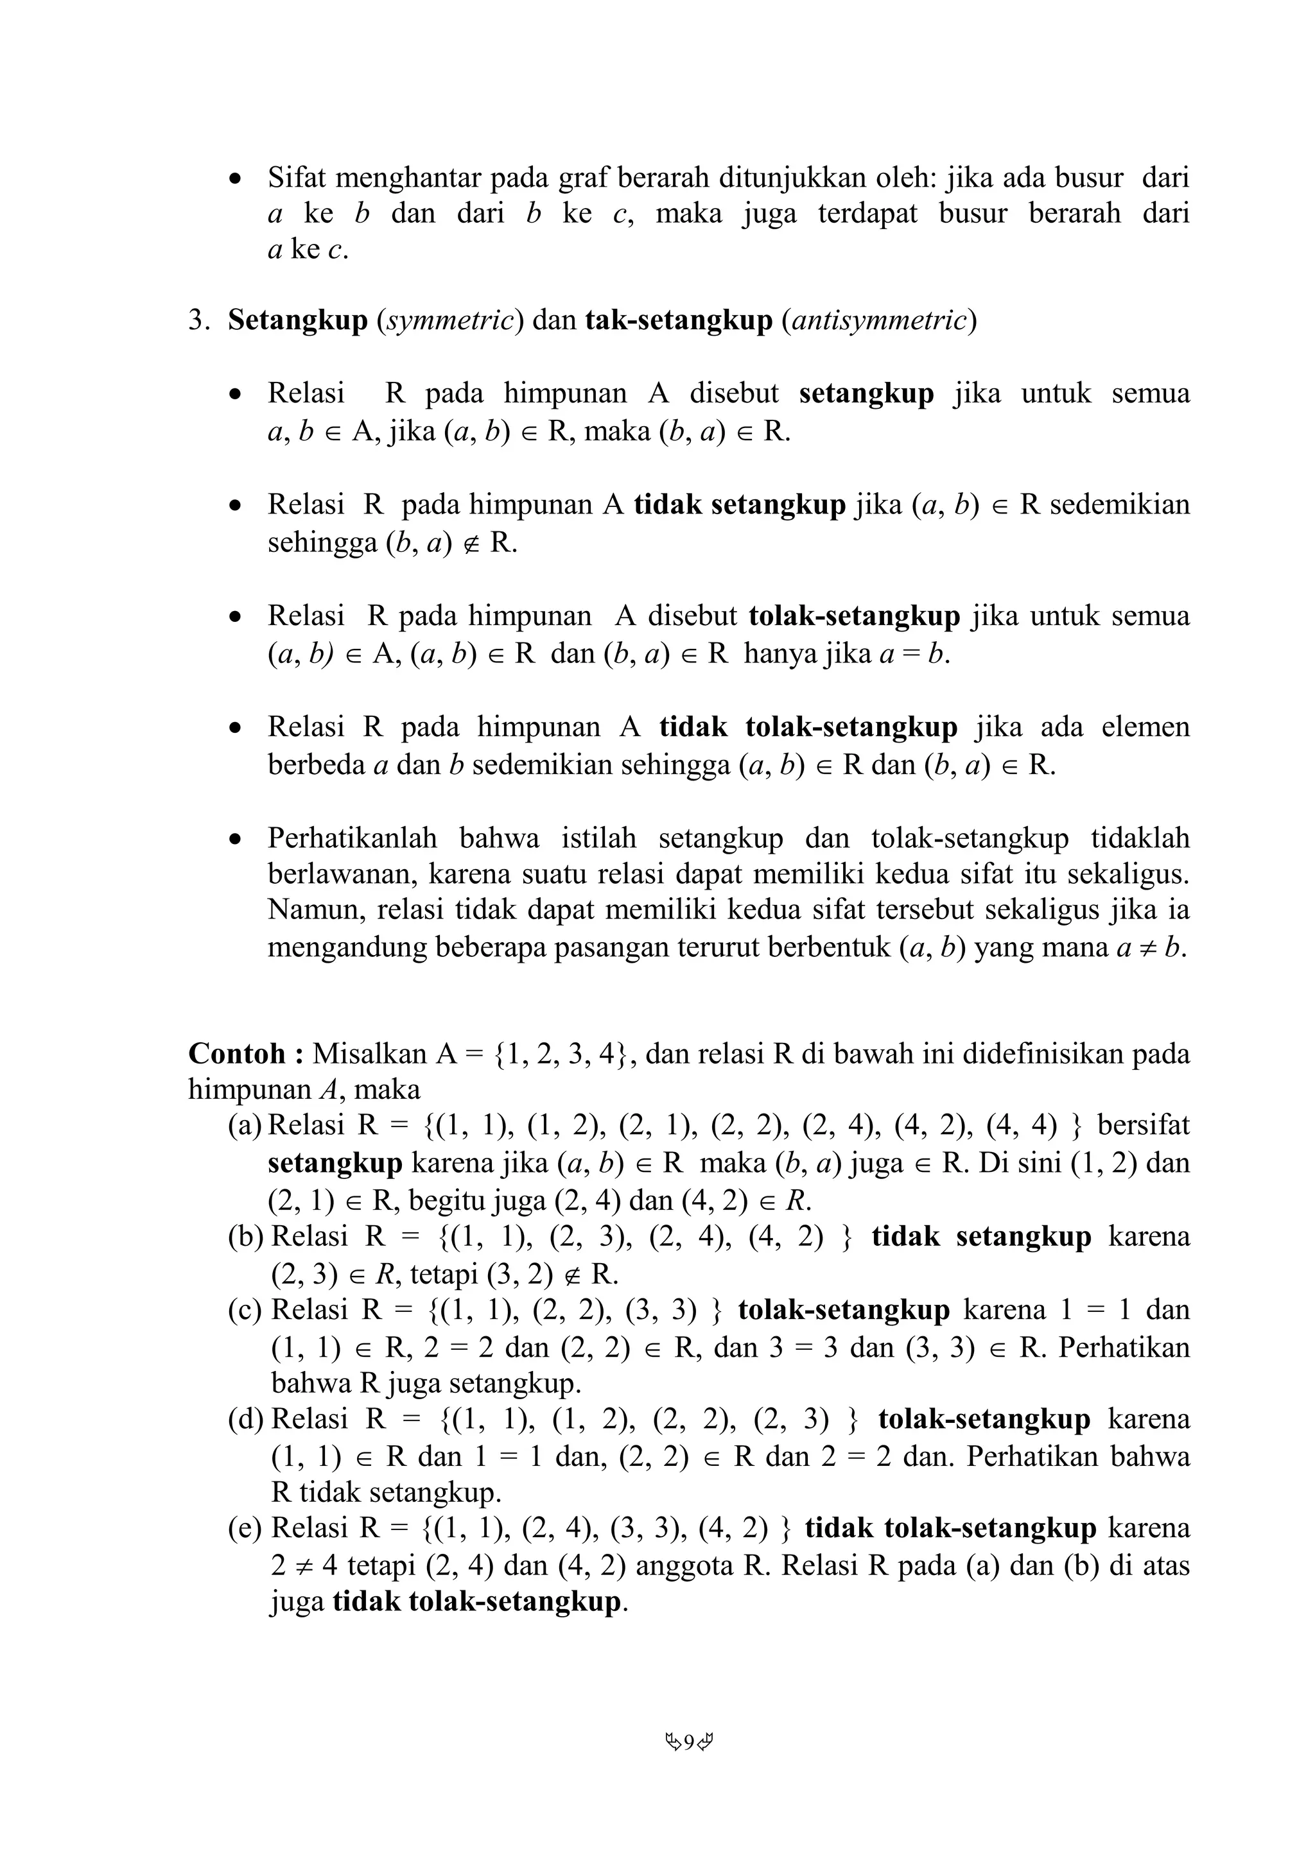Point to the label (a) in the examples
245,1126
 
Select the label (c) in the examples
245,1310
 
